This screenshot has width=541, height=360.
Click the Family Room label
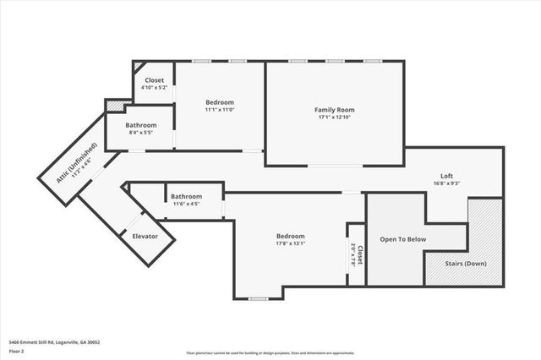pyautogui.click(x=334, y=110)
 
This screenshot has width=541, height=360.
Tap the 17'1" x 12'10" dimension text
pyautogui.click(x=334, y=118)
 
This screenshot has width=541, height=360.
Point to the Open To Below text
pyautogui.click(x=402, y=239)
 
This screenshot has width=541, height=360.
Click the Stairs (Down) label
pyautogui.click(x=466, y=264)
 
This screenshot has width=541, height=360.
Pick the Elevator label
pyautogui.click(x=145, y=237)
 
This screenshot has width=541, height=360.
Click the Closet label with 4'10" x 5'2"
pyautogui.click(x=154, y=80)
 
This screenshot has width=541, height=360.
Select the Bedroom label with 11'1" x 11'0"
pyautogui.click(x=219, y=102)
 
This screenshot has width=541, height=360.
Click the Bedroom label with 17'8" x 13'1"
pyautogui.click(x=290, y=236)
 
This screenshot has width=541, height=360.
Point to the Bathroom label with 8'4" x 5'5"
pyautogui.click(x=142, y=125)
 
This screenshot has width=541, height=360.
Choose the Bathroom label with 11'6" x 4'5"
pyautogui.click(x=185, y=196)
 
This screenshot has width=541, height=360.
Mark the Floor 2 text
pyautogui.click(x=17, y=350)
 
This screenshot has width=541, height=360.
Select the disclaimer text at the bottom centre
pyautogui.click(x=270, y=352)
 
